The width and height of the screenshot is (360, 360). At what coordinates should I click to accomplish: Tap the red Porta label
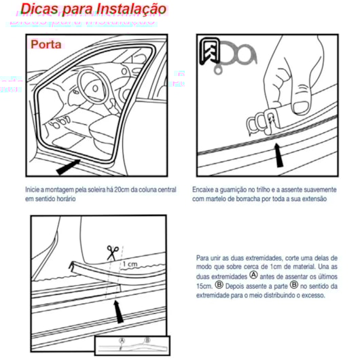tap(46, 44)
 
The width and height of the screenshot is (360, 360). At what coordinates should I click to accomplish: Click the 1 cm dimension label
tap(131, 264)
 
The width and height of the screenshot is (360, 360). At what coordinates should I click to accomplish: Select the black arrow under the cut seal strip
tap(118, 312)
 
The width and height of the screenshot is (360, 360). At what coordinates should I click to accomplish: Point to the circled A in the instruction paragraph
tap(254, 276)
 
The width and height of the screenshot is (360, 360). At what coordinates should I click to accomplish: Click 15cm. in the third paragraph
tap(204, 285)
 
